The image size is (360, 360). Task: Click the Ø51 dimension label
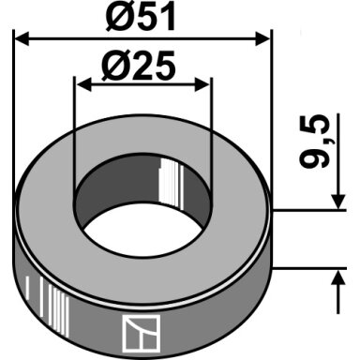tap(141, 18)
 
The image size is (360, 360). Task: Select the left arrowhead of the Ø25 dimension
tap(83, 85)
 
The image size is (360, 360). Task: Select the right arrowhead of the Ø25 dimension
tap(202, 85)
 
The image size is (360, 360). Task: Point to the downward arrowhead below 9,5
tap(338, 202)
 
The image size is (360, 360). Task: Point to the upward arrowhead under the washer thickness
tap(338, 277)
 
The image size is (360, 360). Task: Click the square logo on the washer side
tap(141, 333)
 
